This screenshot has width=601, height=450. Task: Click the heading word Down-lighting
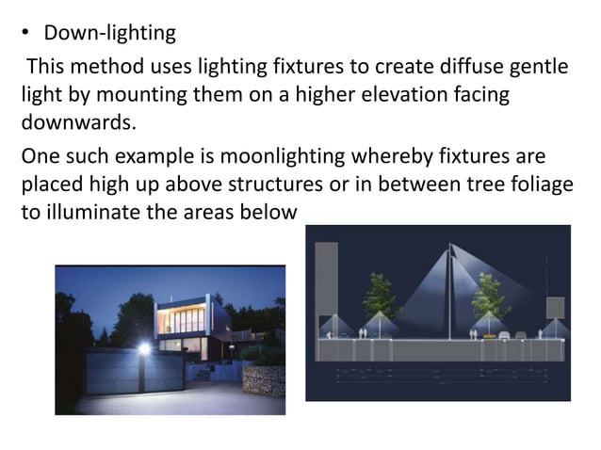point(109,33)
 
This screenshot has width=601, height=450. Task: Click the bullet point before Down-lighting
point(27,34)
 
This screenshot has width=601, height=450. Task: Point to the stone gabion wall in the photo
point(263,379)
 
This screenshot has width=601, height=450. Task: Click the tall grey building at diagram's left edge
point(326,282)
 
